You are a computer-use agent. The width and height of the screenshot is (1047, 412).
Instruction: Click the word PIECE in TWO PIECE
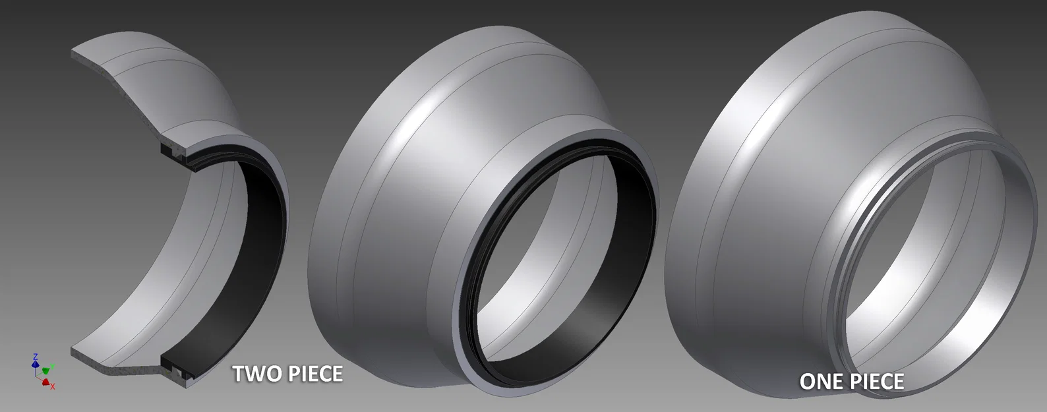tap(313, 374)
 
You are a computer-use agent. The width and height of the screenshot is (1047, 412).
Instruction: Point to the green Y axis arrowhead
tap(45, 370)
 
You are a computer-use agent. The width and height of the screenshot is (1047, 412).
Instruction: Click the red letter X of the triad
tap(53, 386)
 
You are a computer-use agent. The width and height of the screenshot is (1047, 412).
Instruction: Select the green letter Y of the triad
tap(52, 366)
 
